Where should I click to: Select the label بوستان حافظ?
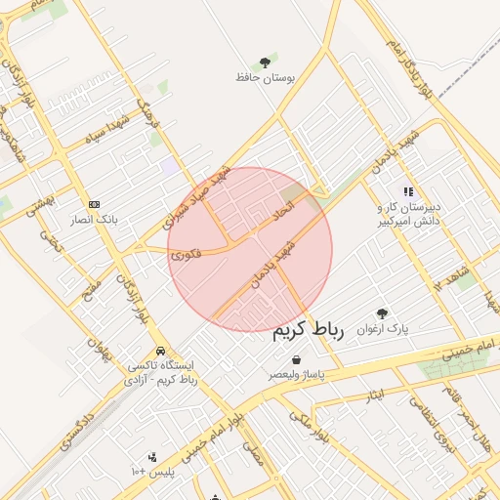tap(265, 77)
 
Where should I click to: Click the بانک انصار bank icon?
tap(94, 204)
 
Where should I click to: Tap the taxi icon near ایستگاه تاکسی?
tap(159, 351)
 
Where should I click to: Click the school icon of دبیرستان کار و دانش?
tap(408, 192)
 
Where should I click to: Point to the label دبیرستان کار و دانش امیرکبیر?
tap(409, 215)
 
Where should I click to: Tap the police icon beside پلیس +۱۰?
tap(151, 456)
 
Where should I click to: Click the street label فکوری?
tap(186, 254)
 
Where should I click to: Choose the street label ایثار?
tap(375, 396)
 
